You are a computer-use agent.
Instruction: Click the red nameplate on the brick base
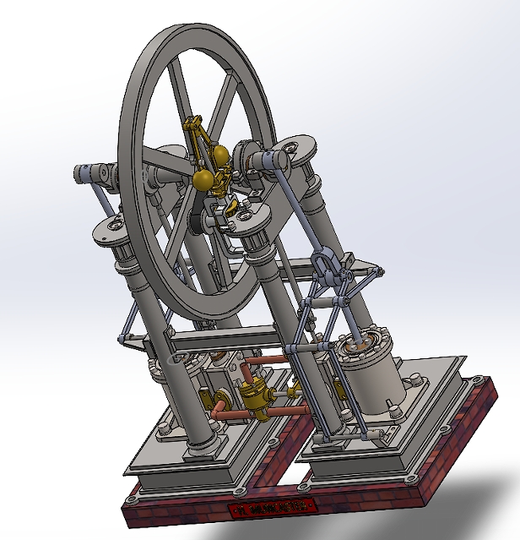pos(273,508)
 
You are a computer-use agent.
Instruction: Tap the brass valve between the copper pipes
pos(252,396)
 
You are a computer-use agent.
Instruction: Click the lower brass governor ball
pos(203,179)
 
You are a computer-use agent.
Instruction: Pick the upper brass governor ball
pos(219,156)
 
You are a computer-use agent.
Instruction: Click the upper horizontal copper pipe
pos(268,363)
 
